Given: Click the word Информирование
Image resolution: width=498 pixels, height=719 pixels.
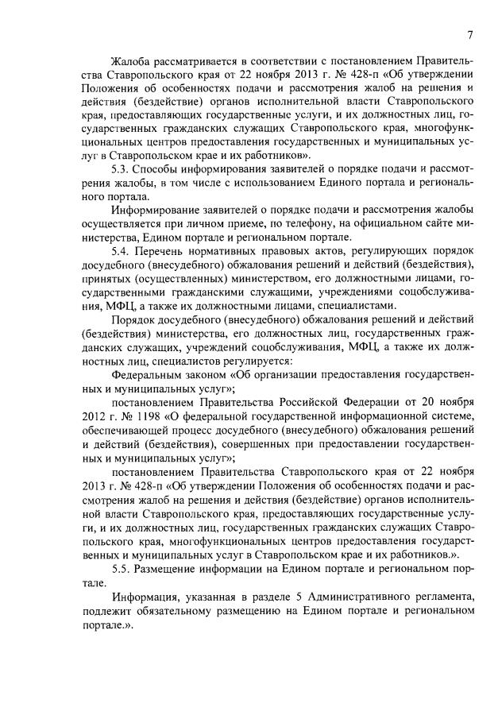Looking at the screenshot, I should click(x=158, y=211).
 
